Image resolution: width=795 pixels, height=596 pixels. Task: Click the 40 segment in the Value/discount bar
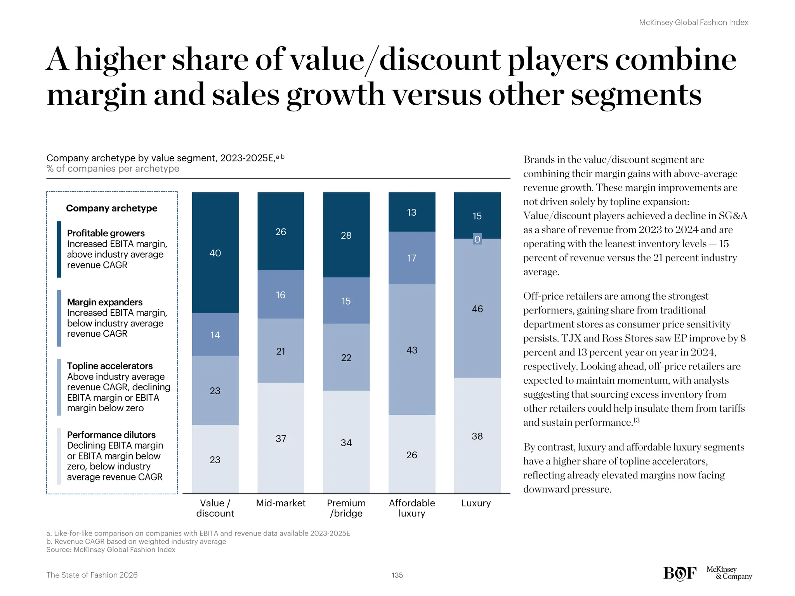tap(215, 253)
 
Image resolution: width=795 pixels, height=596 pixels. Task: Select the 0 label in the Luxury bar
tap(477, 239)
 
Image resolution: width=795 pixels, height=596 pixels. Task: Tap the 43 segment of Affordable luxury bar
tap(411, 350)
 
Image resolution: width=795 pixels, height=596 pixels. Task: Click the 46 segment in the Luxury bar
tap(477, 308)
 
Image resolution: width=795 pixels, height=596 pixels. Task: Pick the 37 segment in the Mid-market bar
tap(281, 438)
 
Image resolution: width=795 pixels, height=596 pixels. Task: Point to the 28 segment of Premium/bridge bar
tap(346, 235)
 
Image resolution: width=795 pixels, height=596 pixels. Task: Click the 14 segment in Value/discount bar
tap(215, 334)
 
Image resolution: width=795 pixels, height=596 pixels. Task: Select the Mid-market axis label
tap(281, 503)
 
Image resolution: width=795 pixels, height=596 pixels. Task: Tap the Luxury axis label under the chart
tap(476, 503)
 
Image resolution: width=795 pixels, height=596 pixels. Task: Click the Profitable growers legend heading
tap(106, 233)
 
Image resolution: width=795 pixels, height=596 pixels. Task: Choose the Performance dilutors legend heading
tap(111, 435)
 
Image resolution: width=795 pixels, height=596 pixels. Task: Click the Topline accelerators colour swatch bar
tap(59, 387)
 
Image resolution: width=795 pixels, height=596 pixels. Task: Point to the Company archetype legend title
tap(111, 208)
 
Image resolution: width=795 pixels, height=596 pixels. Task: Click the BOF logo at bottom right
tap(680, 573)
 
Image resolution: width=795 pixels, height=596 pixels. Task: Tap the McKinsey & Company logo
tap(729, 573)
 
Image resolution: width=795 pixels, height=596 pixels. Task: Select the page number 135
tap(397, 575)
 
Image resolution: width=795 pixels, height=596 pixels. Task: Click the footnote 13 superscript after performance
tap(636, 420)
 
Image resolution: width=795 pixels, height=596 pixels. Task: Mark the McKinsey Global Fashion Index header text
tap(693, 23)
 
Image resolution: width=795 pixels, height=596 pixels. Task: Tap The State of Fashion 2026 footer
tap(92, 575)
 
